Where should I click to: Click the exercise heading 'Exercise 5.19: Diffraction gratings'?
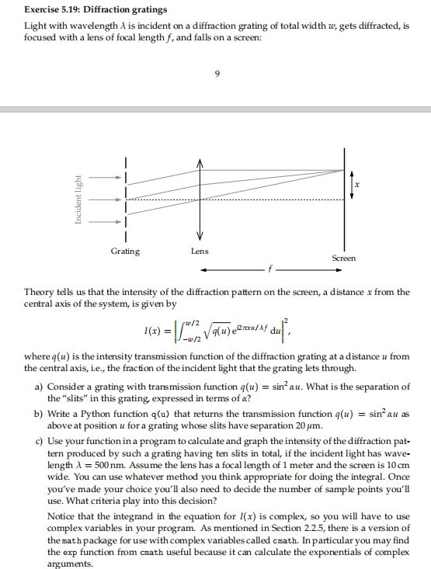(95, 10)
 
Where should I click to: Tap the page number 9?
(216, 75)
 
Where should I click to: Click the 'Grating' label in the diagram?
(126, 251)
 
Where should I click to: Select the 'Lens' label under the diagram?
(200, 251)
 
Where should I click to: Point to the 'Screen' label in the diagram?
(344, 257)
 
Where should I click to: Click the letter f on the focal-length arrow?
(271, 271)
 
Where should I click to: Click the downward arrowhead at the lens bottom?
(200, 237)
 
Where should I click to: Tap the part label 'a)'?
(39, 386)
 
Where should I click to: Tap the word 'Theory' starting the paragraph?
(39, 292)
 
